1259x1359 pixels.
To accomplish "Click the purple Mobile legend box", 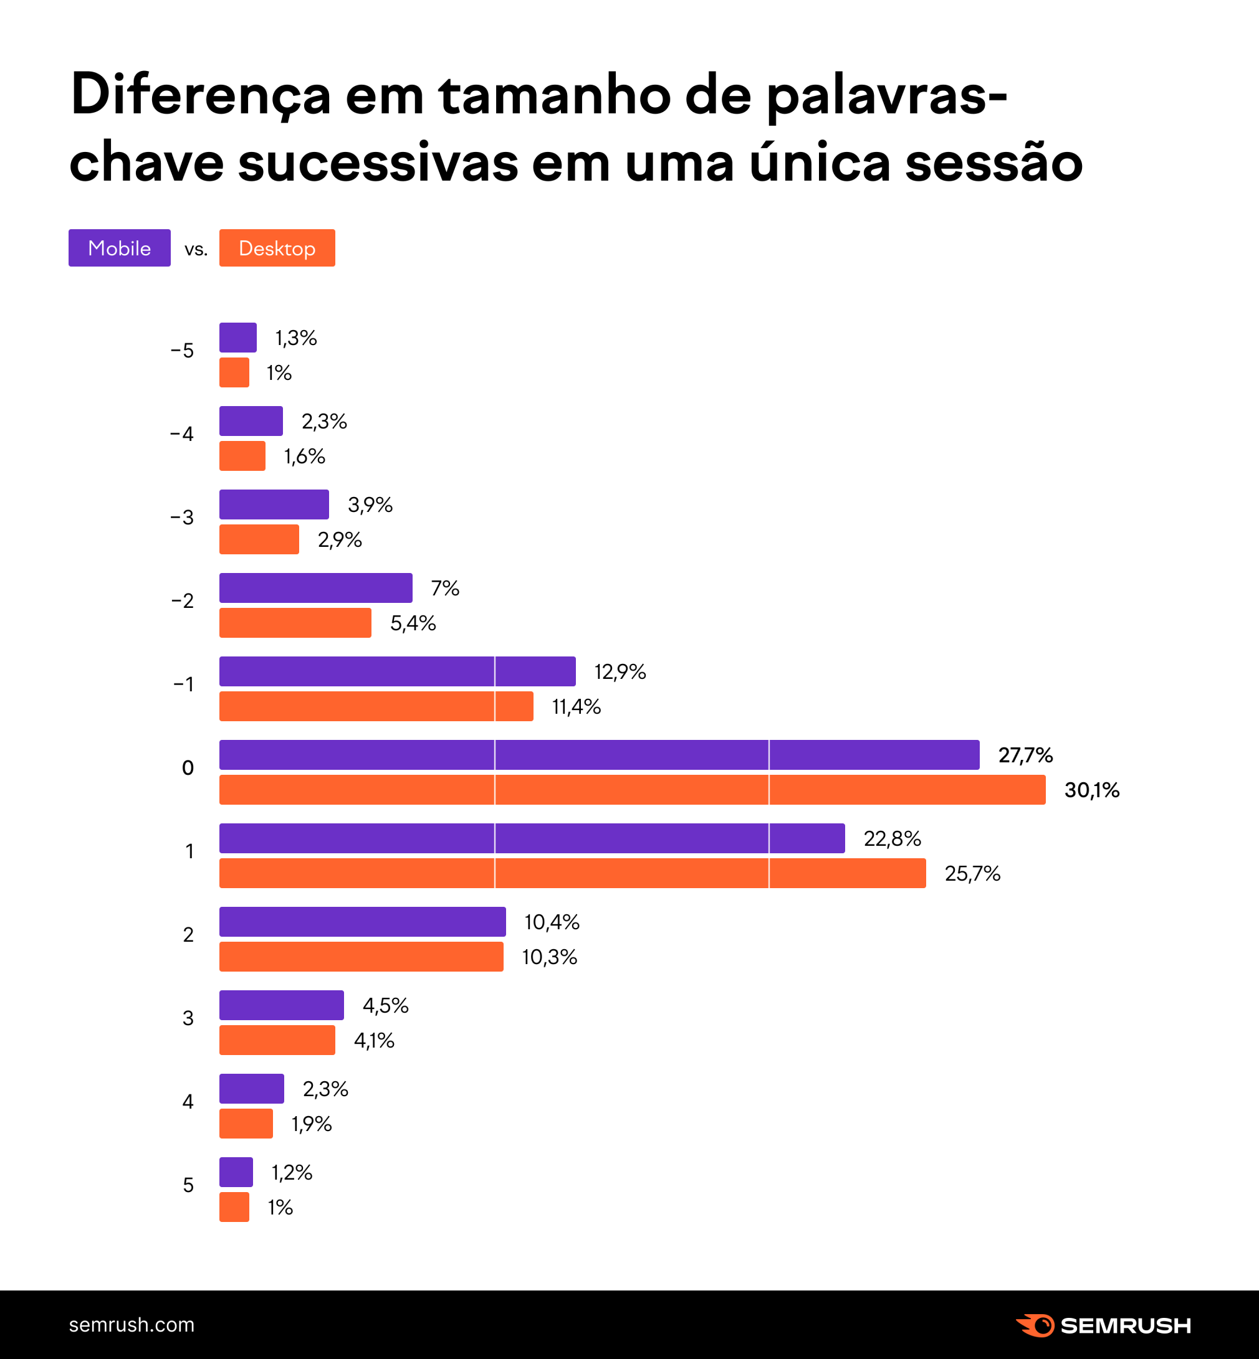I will point(119,248).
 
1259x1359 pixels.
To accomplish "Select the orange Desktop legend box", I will point(277,248).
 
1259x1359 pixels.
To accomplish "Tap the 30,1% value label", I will point(1091,790).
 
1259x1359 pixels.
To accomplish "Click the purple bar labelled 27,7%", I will point(599,754).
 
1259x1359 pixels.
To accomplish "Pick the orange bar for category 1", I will point(572,873).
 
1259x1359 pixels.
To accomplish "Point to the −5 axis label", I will point(182,351).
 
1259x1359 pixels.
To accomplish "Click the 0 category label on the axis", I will point(188,768).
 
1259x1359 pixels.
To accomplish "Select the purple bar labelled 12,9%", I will point(397,671).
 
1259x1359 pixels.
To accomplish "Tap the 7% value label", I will point(445,589).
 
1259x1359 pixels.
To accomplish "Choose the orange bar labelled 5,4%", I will point(295,623).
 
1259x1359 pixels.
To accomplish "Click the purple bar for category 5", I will point(236,1172).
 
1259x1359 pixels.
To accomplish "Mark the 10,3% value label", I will point(549,957).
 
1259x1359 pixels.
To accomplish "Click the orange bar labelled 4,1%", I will point(277,1040).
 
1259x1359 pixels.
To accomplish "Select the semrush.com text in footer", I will point(132,1325).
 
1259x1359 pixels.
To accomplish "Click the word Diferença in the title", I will point(200,95).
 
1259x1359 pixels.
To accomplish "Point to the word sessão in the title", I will point(993,163).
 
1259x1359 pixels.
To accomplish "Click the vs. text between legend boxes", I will point(196,249).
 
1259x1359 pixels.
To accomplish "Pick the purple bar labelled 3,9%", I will point(274,504).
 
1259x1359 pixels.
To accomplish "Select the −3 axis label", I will point(182,518).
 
